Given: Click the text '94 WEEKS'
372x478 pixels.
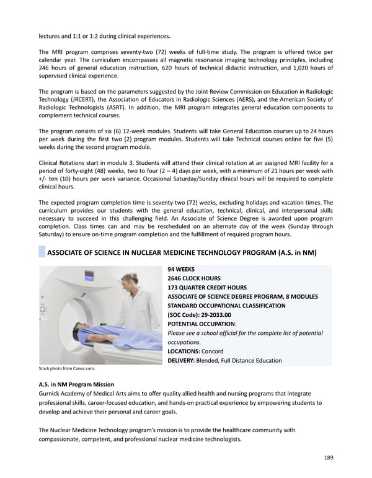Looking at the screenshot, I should point(181,270).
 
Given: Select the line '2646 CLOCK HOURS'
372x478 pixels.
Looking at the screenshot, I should point(198,279).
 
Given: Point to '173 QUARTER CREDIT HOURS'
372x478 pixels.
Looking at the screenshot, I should point(207,288).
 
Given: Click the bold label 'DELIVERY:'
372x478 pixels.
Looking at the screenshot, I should point(182,361).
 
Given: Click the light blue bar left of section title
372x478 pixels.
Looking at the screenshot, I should point(42,252).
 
